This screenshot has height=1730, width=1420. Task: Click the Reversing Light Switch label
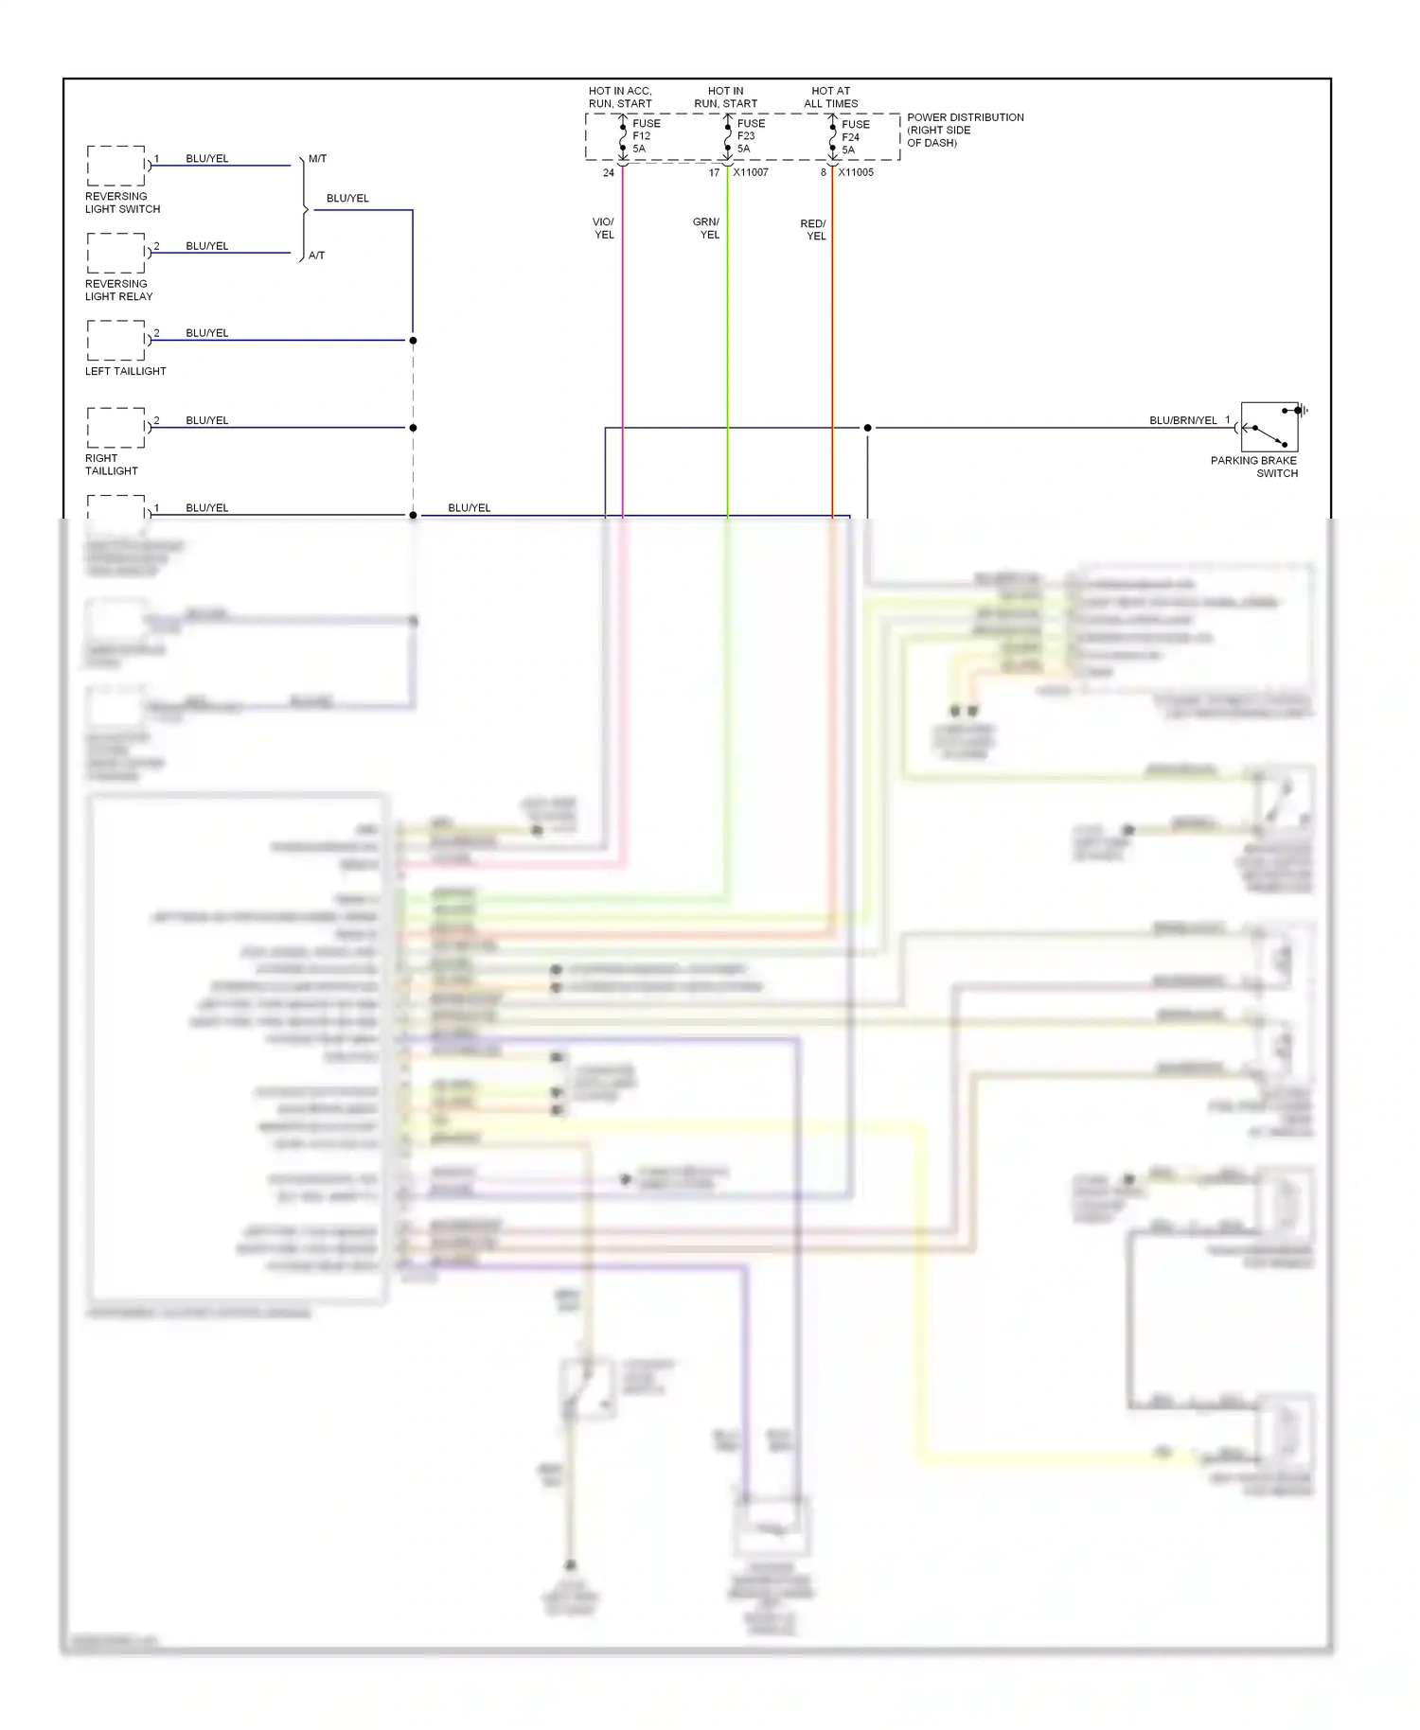[122, 203]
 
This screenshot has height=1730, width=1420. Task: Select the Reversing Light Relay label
[118, 290]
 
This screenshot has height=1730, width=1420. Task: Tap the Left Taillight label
[125, 371]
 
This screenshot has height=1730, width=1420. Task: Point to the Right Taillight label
[111, 464]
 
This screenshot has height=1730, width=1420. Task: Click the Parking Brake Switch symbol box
[1269, 427]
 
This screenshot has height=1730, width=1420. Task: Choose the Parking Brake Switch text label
[1254, 467]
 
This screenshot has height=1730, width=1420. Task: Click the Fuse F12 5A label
[646, 135]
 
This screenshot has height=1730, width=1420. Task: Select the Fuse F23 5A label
[751, 135]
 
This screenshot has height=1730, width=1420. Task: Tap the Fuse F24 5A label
[855, 136]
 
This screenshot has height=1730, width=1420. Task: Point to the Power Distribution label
[965, 130]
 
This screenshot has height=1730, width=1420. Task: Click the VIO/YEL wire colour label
[603, 228]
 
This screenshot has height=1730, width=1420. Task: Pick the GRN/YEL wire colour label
[706, 228]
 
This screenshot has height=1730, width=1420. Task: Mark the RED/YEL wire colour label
[813, 230]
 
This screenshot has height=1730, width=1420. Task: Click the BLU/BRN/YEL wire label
[1182, 420]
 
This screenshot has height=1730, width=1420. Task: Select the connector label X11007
[751, 172]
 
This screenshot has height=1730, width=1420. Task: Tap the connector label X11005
[856, 172]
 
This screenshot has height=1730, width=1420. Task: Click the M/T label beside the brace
[317, 159]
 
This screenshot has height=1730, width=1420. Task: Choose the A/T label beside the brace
[316, 256]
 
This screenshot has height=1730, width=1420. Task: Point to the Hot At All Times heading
[831, 97]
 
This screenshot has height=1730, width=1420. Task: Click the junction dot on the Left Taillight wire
[413, 341]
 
